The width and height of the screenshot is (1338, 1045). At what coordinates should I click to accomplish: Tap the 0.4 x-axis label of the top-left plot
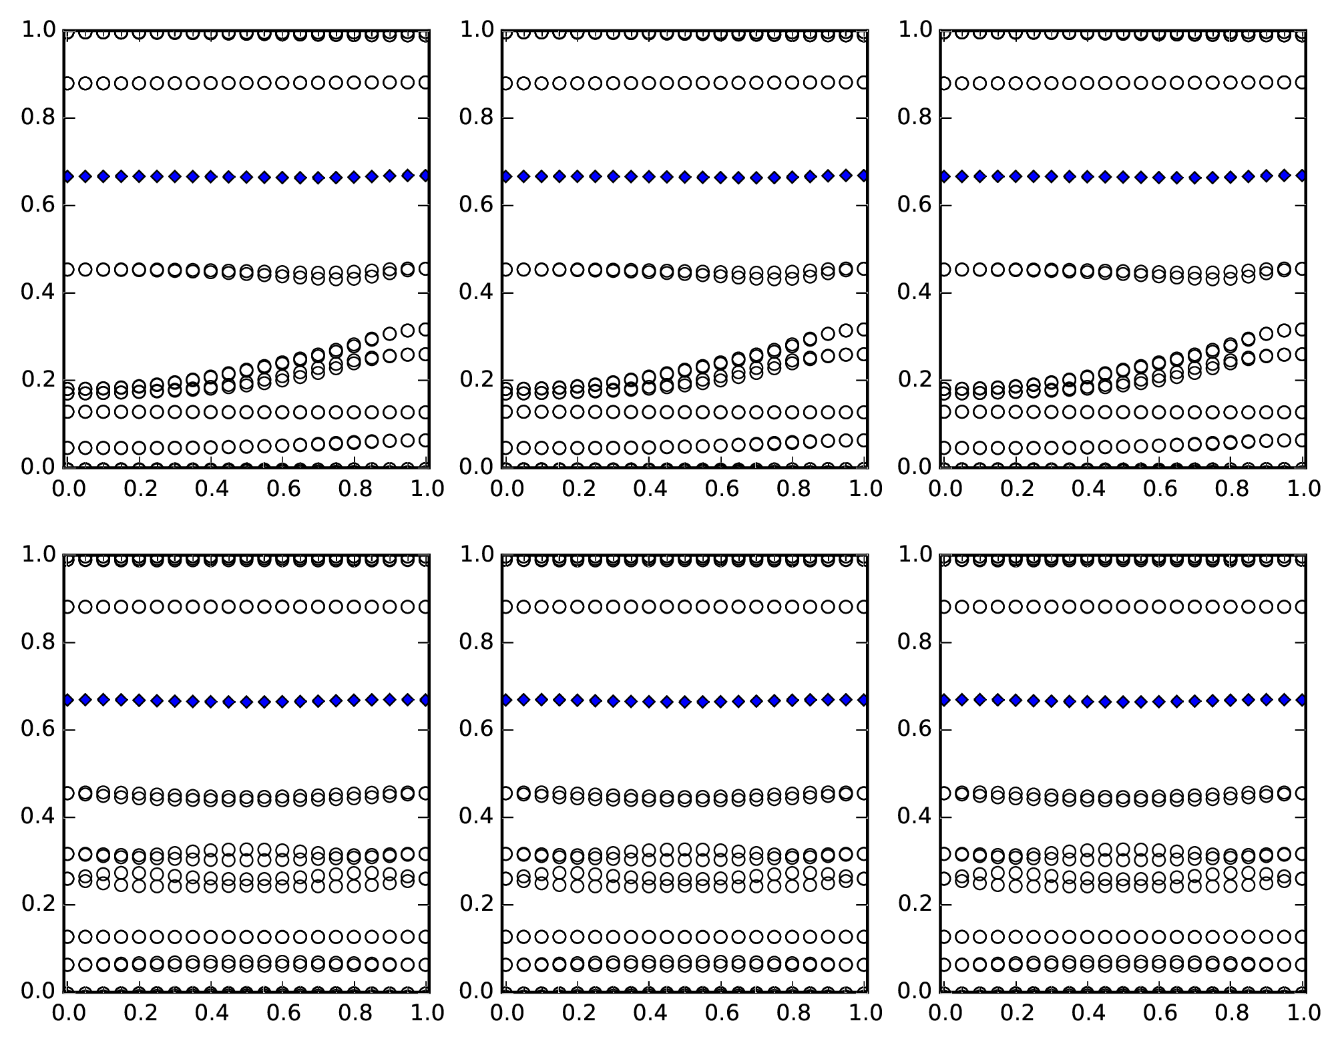click(211, 489)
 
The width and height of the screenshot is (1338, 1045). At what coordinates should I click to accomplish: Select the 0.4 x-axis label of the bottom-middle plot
click(649, 1014)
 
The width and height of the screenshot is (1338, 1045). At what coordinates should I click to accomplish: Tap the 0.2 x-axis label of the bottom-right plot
click(1016, 1014)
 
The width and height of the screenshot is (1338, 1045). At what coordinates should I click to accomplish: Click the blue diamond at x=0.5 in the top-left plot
click(246, 177)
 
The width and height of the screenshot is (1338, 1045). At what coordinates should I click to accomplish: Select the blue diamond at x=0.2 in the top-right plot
click(1016, 176)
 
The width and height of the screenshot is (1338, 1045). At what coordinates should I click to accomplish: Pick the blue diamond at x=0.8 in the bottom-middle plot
click(793, 700)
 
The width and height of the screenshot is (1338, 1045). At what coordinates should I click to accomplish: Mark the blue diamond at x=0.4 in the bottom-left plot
click(211, 701)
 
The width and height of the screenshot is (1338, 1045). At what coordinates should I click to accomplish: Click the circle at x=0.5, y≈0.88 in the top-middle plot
click(684, 83)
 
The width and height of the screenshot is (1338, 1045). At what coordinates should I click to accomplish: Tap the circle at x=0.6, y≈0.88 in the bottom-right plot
click(1159, 607)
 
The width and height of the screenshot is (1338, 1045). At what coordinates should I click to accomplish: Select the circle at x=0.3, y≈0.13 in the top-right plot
click(1052, 412)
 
